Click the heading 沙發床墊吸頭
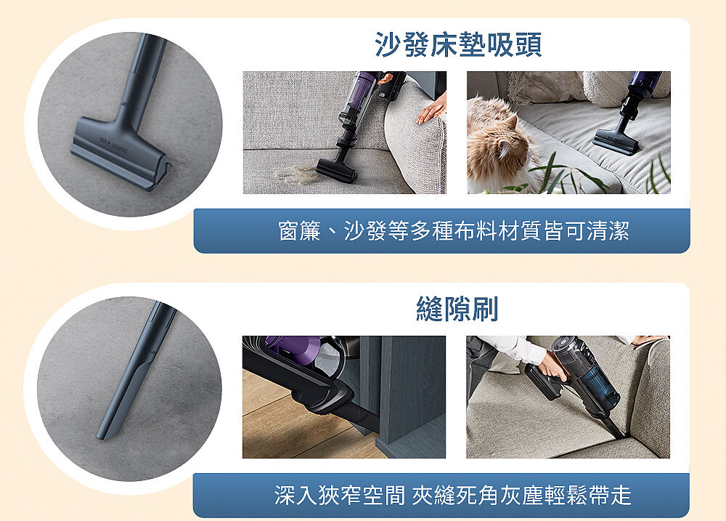pyautogui.click(x=458, y=44)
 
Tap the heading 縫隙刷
pyautogui.click(x=457, y=309)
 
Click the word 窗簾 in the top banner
pyautogui.click(x=300, y=231)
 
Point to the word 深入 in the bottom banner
pyautogui.click(x=295, y=495)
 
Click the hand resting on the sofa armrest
pyautogui.click(x=432, y=110)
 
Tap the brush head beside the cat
pyautogui.click(x=616, y=142)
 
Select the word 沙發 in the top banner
pyautogui.click(x=365, y=231)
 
